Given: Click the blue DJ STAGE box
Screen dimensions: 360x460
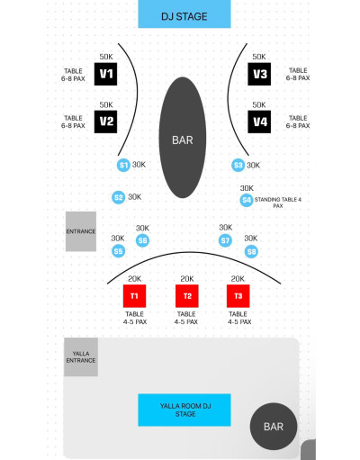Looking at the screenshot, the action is (x=184, y=14).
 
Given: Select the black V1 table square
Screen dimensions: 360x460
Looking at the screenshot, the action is (x=105, y=74).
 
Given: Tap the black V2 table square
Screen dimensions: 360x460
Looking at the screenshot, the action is (x=105, y=122).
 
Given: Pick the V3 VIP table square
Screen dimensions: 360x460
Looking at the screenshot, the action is (x=259, y=74).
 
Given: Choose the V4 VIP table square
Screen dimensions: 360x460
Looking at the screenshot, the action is (x=259, y=122).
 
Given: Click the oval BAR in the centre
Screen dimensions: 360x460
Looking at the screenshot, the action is (x=183, y=138).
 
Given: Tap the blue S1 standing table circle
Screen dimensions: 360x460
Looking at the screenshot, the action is (x=123, y=165).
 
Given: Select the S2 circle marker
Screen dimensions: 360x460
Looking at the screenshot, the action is (x=119, y=197).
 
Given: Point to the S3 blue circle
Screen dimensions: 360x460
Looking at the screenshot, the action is (x=238, y=165).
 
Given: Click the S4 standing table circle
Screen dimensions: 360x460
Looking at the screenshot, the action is (x=247, y=200).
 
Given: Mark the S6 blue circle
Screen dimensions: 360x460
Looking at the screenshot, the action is (x=142, y=240).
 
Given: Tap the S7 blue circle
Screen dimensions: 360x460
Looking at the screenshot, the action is (x=225, y=240).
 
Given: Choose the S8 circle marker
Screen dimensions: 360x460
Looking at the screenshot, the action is (x=251, y=251).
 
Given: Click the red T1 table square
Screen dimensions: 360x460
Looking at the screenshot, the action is (x=134, y=296).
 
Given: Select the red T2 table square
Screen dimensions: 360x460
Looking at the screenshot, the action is (x=187, y=296).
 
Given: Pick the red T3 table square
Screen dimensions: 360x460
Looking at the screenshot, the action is (x=238, y=296).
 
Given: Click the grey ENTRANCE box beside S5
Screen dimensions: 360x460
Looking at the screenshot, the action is (x=81, y=231).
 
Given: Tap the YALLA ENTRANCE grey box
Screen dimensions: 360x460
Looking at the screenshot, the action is (x=81, y=357).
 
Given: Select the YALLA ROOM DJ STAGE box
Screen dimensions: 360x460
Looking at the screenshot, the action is (x=184, y=410).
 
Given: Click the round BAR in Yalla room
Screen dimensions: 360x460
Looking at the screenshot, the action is (x=274, y=427).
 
